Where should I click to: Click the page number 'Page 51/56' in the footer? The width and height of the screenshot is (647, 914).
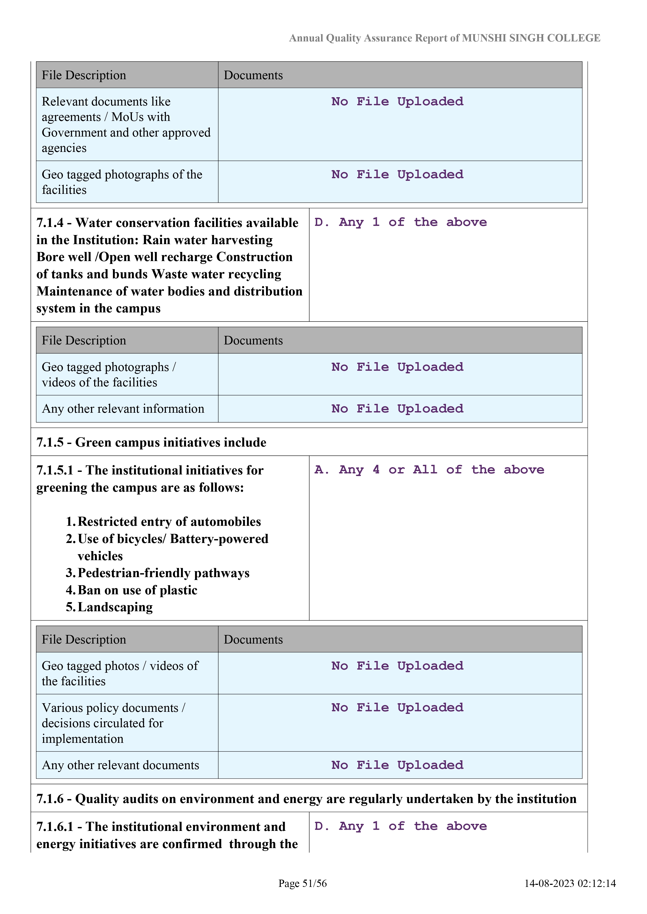[303, 883]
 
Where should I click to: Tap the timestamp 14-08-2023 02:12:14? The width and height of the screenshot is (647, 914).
[570, 883]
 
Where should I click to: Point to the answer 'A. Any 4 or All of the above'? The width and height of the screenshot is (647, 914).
[429, 470]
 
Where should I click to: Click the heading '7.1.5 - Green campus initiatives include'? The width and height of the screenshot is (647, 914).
[152, 442]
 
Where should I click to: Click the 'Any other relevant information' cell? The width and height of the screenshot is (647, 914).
[123, 409]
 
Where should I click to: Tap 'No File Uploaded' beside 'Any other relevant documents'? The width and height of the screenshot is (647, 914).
[397, 765]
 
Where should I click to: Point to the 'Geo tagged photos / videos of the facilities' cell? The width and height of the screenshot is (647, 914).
[120, 673]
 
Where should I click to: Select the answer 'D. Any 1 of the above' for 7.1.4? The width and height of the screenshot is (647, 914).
[400, 222]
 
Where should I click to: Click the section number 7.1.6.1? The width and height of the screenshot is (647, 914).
[55, 827]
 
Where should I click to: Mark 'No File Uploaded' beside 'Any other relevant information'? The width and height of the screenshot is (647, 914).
[397, 409]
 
